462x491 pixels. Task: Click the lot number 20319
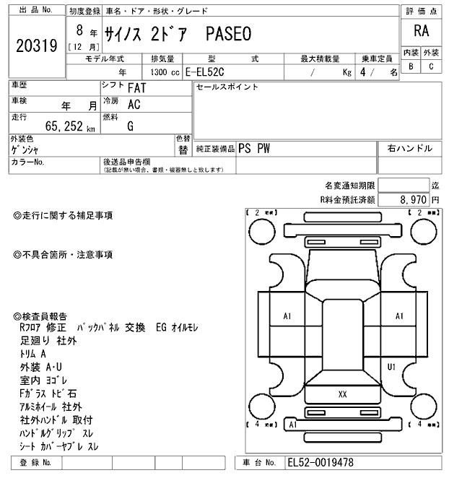(36, 46)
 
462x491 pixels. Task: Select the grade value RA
(422, 31)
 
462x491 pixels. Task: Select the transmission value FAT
(134, 88)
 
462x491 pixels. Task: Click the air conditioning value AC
(134, 104)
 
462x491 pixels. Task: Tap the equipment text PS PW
(254, 147)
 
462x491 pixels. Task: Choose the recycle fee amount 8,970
(414, 199)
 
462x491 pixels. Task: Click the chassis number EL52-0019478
(321, 462)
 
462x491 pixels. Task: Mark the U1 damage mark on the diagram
(392, 367)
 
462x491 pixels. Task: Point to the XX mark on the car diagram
(342, 394)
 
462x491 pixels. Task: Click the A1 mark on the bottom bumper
(293, 425)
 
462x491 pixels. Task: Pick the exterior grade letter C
(431, 66)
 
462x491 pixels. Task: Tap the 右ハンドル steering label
(410, 148)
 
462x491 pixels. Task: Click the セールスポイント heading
(227, 87)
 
